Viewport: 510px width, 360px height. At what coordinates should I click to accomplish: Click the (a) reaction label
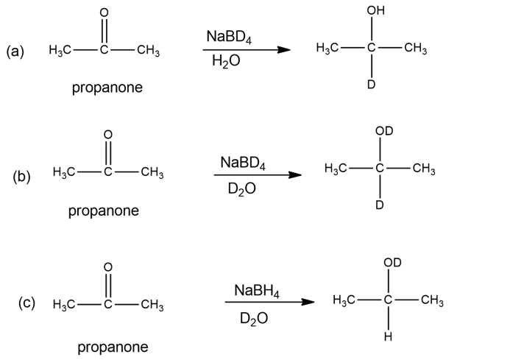click(x=15, y=52)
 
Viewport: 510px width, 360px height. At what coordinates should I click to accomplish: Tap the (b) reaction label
click(x=21, y=177)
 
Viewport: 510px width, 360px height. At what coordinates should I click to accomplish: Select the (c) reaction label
click(x=27, y=303)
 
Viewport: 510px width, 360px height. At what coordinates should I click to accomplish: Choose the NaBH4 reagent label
click(x=256, y=289)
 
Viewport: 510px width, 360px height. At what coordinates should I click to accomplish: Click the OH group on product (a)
click(x=374, y=12)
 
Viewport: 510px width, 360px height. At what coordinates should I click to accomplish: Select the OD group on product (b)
click(x=383, y=132)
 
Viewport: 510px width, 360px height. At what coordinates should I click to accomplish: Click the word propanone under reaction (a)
click(x=107, y=88)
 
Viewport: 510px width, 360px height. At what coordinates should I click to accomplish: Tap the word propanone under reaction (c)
click(x=113, y=347)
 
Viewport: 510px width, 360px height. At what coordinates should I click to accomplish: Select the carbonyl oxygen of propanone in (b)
click(x=107, y=134)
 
